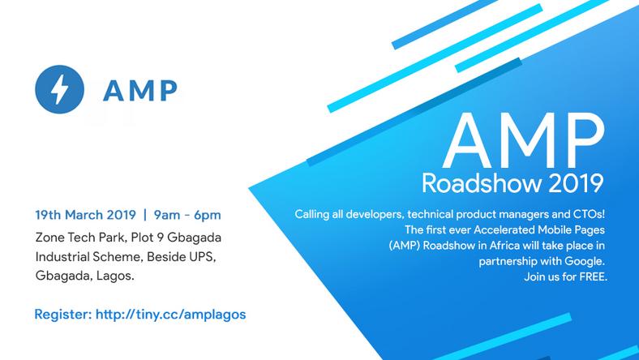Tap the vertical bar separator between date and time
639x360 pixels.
click(x=144, y=216)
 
